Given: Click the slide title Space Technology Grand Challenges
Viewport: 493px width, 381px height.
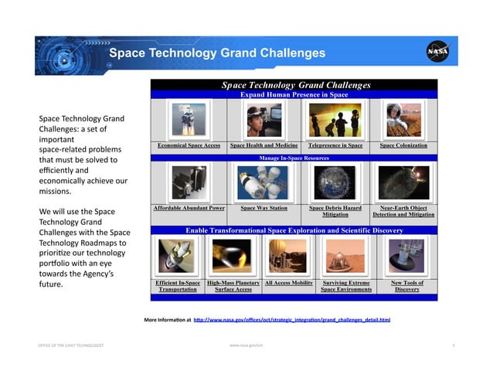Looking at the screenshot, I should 216,53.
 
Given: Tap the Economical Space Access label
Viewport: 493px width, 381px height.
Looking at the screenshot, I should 189,145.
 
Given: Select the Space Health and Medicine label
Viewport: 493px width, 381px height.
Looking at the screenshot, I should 263,145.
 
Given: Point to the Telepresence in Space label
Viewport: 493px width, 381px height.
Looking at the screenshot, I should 335,145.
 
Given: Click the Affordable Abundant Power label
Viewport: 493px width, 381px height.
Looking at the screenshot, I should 189,208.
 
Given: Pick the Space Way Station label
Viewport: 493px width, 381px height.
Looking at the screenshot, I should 263,208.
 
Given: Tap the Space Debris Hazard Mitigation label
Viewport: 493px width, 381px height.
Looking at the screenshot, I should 335,211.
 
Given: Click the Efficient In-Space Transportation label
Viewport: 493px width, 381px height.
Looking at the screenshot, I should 178,286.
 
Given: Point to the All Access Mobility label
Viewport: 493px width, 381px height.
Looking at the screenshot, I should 288,283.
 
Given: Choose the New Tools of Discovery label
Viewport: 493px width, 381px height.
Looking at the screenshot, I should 407,286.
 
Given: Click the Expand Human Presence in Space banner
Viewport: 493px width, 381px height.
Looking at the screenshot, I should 294,94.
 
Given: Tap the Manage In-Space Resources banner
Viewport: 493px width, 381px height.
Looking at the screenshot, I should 294,157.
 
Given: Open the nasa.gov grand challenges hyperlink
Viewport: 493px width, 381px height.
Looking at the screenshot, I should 291,319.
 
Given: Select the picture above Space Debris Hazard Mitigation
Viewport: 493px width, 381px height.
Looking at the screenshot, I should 334,182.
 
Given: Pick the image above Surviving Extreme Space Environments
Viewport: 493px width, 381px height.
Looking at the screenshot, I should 345,256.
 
